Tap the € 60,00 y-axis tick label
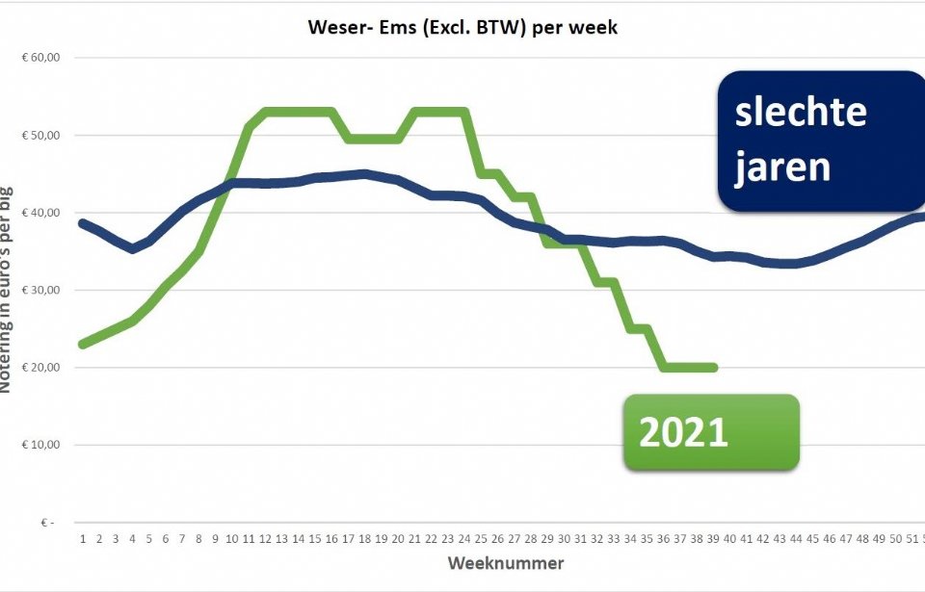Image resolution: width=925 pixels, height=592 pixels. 40,58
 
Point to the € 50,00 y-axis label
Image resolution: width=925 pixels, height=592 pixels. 40,135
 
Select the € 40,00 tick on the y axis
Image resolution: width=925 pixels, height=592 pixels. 40,213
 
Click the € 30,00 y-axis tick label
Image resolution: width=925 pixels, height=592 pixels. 40,290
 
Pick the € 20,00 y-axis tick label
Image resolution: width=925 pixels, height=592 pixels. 40,368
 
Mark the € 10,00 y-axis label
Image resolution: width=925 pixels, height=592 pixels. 40,445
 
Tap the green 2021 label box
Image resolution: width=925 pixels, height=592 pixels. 711,432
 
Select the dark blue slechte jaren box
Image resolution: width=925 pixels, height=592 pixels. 821,141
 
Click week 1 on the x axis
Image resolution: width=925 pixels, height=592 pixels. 82,539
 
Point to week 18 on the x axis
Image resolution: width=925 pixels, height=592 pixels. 363,539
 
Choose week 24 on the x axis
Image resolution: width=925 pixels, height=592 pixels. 463,539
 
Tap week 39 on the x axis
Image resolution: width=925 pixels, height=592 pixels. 713,539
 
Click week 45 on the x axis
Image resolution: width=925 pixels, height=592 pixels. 813,539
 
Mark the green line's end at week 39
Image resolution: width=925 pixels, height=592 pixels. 713,368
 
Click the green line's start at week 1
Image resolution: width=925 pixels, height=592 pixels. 82,344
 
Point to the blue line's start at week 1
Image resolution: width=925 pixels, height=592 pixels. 82,222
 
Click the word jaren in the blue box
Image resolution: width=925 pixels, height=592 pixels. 782,166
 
